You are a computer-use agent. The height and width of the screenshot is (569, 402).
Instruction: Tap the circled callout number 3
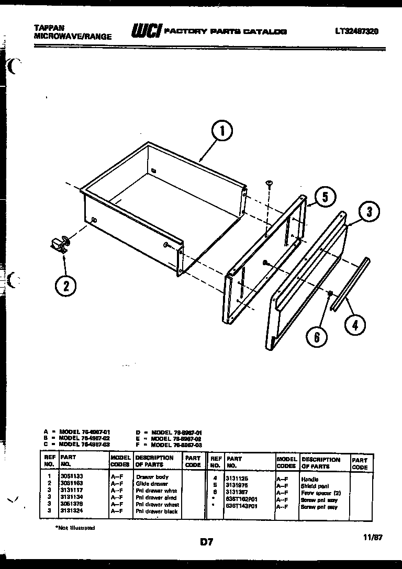tap(369, 212)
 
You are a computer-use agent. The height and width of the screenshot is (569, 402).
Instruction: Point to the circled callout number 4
tap(355, 324)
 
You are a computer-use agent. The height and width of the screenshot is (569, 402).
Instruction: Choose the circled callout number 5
tap(325, 197)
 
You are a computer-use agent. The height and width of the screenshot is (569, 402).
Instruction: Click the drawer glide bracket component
tap(59, 244)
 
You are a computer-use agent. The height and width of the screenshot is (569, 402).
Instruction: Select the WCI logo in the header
tap(146, 32)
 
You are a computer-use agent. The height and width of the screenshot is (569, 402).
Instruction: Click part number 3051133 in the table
tap(72, 477)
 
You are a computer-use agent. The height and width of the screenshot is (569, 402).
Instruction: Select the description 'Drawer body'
tap(152, 477)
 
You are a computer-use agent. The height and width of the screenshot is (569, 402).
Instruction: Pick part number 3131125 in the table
tap(237, 478)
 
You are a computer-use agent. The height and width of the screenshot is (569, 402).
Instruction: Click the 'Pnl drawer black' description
tap(157, 511)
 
